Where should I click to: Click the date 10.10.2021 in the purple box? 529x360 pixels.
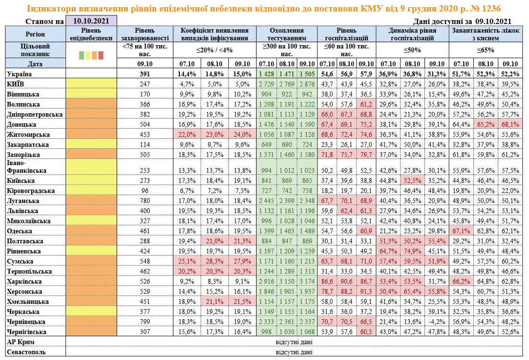tap(91, 21)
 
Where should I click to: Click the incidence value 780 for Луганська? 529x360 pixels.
tap(144, 201)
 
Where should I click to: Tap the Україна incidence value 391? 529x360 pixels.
tap(144, 74)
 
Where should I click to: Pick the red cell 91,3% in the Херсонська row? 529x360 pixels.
tap(366, 291)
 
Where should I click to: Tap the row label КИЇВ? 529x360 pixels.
tap(17, 84)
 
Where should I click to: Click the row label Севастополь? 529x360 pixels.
tap(27, 352)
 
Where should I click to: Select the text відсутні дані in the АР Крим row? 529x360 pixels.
tap(293, 342)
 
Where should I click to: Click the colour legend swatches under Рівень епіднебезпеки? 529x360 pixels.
tap(91, 55)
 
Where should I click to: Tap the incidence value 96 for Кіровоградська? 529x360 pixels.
tap(144, 191)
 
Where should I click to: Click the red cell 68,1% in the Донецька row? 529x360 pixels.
tap(510, 124)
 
